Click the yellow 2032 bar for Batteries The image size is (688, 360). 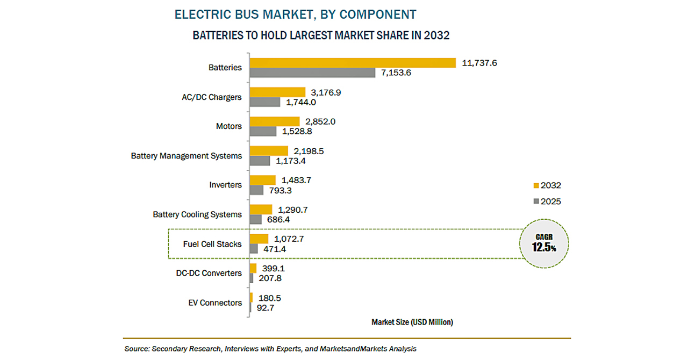tap(353, 63)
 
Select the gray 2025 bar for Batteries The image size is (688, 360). tap(312, 73)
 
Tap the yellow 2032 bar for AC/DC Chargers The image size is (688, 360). tap(277, 92)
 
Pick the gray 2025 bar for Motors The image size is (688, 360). tap(263, 131)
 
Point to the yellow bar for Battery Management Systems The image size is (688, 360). tap(269, 151)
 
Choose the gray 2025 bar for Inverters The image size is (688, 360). tap(256, 190)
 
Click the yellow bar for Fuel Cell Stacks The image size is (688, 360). tap(259, 239)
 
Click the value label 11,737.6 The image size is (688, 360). tap(479, 63)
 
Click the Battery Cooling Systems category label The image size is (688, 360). tap(197, 214)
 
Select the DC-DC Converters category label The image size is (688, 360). tap(209, 273)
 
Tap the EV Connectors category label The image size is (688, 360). tap(215, 303)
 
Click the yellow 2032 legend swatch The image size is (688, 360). tap(535, 186)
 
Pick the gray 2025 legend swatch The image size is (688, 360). tap(535, 201)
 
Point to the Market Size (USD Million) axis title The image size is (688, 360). tap(412, 322)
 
